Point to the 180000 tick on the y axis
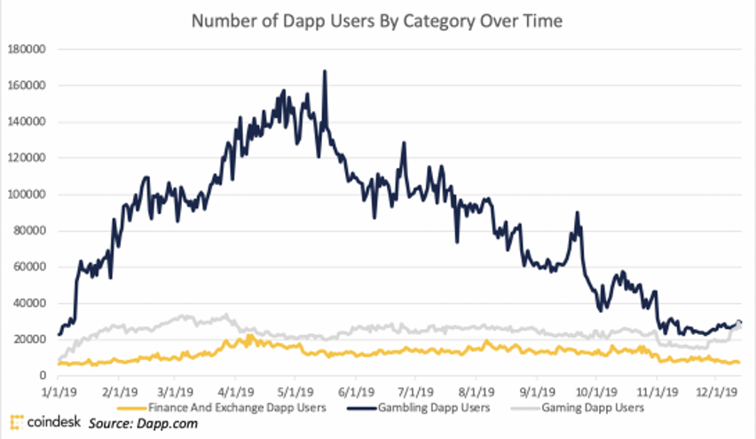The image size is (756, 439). point(28,50)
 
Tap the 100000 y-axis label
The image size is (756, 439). point(28,195)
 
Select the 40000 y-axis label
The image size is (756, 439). point(31,303)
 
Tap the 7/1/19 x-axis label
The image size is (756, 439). point(414,390)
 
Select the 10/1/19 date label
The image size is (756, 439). point(594,390)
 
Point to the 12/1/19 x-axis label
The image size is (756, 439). point(714,390)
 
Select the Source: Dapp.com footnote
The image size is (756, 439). point(142,424)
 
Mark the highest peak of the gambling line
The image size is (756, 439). point(325,72)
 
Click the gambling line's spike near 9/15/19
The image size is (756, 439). point(578,213)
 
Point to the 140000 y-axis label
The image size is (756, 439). point(28,122)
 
